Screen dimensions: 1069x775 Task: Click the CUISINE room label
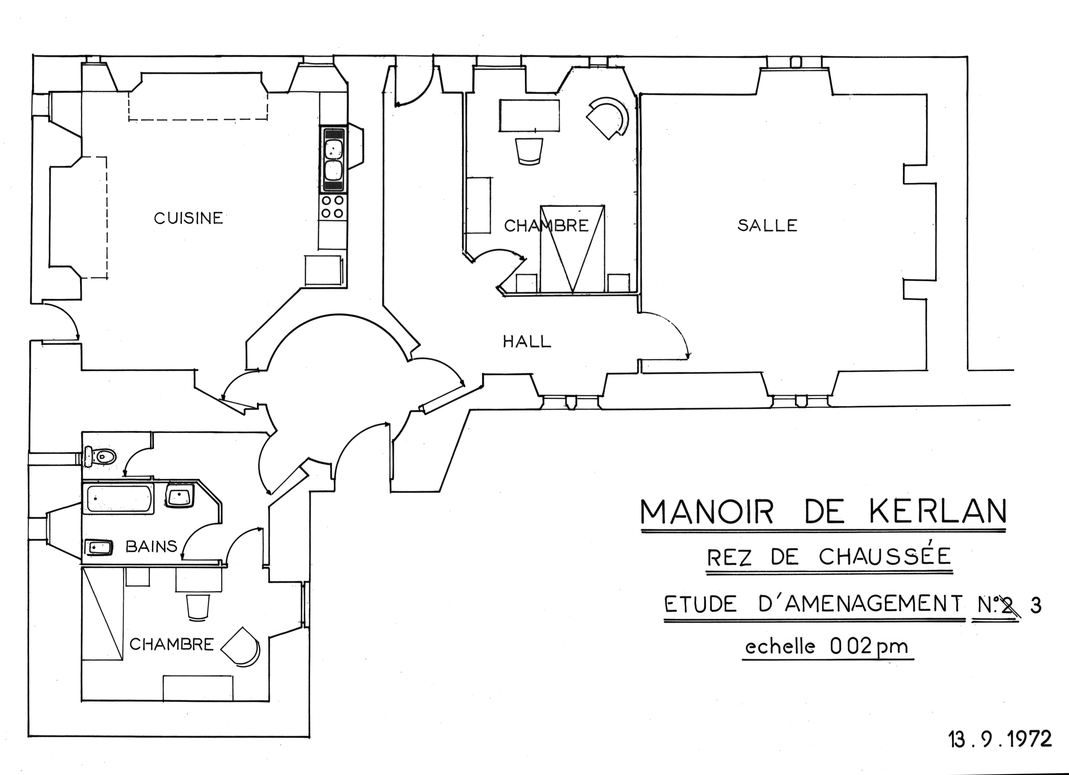pyautogui.click(x=188, y=218)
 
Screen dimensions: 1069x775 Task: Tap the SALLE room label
pyautogui.click(x=767, y=225)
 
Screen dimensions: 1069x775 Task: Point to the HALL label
pyautogui.click(x=527, y=341)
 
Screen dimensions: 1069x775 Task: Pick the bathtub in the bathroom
pyautogui.click(x=118, y=498)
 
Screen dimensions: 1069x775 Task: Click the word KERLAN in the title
pyautogui.click(x=936, y=512)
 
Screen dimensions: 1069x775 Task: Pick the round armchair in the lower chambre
pyautogui.click(x=240, y=646)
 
